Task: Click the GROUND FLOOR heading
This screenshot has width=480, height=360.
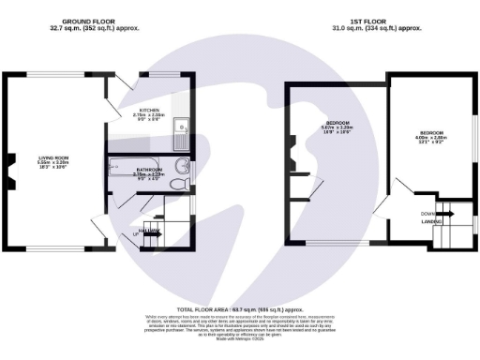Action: tap(88, 21)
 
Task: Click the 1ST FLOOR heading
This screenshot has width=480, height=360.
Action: tap(371, 21)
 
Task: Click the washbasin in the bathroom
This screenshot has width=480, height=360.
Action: tap(184, 169)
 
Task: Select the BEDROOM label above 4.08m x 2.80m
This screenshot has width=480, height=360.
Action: tap(432, 133)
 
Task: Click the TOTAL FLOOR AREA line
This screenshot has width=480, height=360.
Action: tap(240, 308)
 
